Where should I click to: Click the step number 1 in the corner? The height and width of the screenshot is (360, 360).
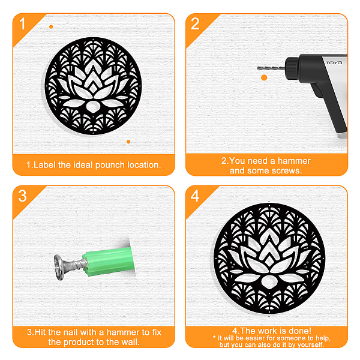click(x=22, y=23)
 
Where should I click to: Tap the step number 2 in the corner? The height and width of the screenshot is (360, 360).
click(x=195, y=23)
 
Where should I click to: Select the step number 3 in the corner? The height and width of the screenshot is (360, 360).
click(x=23, y=196)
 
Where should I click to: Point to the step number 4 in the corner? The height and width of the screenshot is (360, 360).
click(x=195, y=196)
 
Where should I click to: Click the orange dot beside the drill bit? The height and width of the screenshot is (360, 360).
click(x=264, y=77)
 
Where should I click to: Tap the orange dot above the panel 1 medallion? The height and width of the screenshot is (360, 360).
click(x=51, y=27)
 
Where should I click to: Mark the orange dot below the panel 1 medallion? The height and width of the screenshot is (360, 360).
click(x=128, y=142)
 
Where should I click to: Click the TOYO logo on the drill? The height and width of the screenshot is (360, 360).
click(x=334, y=62)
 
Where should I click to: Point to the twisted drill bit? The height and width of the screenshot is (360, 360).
click(x=271, y=68)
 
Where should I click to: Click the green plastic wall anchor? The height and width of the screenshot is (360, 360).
click(x=109, y=262)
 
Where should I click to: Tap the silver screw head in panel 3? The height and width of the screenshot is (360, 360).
click(x=59, y=268)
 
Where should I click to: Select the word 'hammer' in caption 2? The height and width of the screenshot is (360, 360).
click(x=294, y=161)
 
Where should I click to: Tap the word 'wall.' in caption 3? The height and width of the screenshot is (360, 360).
click(x=130, y=342)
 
